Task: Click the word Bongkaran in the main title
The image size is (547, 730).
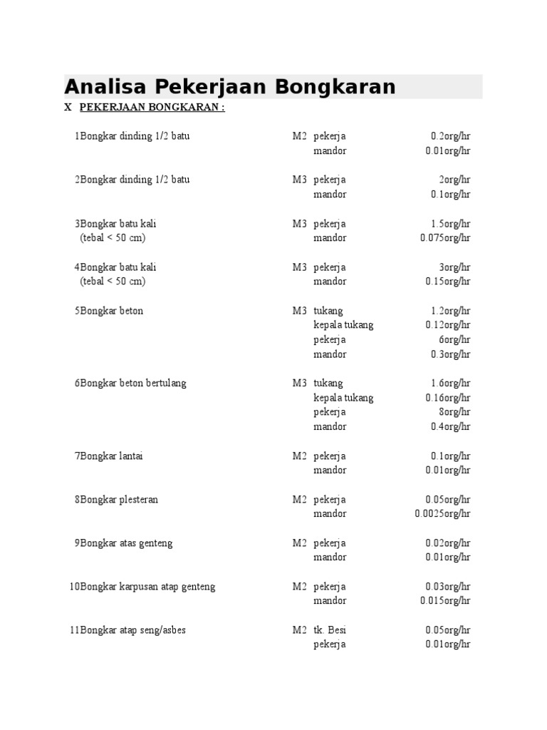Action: pyautogui.click(x=335, y=87)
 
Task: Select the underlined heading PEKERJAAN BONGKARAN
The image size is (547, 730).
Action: pyautogui.click(x=152, y=108)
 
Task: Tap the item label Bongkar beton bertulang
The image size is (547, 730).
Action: pyautogui.click(x=133, y=383)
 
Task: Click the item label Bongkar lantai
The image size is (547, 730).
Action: pyautogui.click(x=112, y=456)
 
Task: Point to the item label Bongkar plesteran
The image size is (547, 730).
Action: pyautogui.click(x=119, y=499)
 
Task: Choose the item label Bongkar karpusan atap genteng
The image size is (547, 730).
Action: pyautogui.click(x=147, y=587)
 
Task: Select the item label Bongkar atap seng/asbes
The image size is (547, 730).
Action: pyautogui.click(x=133, y=630)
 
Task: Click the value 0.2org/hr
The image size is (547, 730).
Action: pyautogui.click(x=450, y=136)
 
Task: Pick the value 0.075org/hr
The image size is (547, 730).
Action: pyautogui.click(x=445, y=238)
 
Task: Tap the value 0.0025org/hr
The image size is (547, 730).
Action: pyautogui.click(x=443, y=514)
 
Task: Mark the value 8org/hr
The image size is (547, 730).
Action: pyautogui.click(x=455, y=412)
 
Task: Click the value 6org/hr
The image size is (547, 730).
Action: pyautogui.click(x=455, y=339)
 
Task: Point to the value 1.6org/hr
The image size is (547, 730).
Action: pyautogui.click(x=450, y=383)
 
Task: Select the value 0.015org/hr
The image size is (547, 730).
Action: pyautogui.click(x=445, y=601)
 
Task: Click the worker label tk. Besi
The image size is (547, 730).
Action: pyautogui.click(x=330, y=630)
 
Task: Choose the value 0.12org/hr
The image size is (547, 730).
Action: pyautogui.click(x=448, y=325)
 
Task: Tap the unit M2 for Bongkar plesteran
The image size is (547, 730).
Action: pyautogui.click(x=299, y=499)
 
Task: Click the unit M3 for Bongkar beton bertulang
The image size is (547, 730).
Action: pyautogui.click(x=299, y=383)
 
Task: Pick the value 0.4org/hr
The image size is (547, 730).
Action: pyautogui.click(x=450, y=426)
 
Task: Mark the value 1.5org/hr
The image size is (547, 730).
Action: pyautogui.click(x=450, y=224)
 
